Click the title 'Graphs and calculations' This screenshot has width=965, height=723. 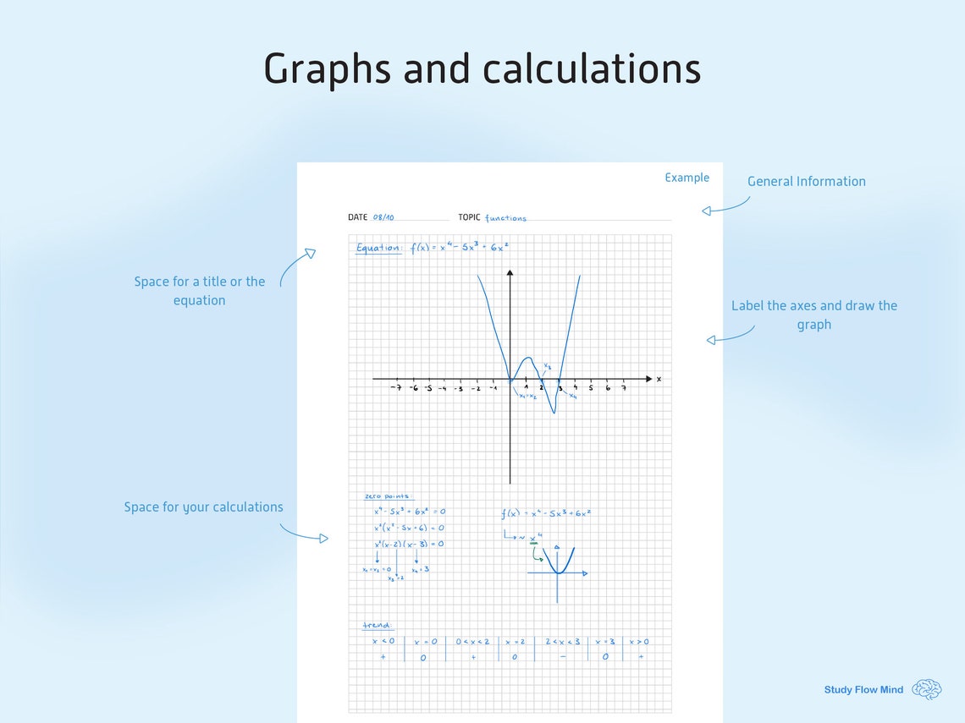tap(482, 68)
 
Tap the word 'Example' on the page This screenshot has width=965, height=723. tap(687, 178)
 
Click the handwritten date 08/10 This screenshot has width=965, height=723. tap(383, 217)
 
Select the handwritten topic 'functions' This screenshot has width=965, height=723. tap(505, 218)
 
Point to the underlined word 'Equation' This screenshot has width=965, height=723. tap(378, 248)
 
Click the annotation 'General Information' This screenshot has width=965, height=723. tap(806, 181)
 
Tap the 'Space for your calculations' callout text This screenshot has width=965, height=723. tap(203, 507)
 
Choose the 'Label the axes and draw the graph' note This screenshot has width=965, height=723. tap(813, 315)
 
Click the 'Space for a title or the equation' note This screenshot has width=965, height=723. tap(200, 291)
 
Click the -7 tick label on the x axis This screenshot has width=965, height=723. tap(395, 388)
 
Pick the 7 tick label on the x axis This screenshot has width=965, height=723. tap(624, 388)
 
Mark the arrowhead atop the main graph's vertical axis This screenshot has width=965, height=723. tap(510, 273)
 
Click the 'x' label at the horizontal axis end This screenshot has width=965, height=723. tap(659, 379)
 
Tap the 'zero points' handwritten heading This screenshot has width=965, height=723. tap(386, 496)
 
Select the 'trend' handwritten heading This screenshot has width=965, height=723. tap(376, 626)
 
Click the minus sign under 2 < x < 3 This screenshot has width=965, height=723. tap(563, 656)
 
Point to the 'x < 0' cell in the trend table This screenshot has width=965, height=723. tap(383, 641)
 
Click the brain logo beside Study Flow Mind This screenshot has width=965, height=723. tap(927, 689)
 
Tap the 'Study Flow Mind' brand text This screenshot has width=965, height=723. tap(863, 690)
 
